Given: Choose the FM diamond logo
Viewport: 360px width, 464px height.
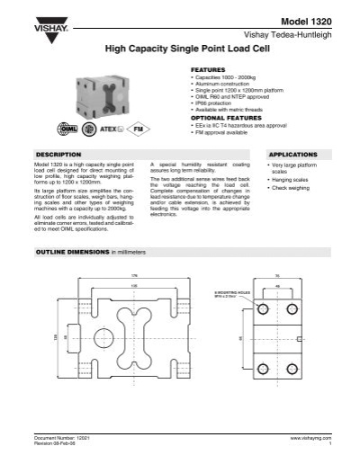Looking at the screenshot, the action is [137, 129].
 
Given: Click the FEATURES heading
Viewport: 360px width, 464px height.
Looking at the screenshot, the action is [207, 68].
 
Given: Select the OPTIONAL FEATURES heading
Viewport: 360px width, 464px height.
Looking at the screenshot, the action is [219, 118].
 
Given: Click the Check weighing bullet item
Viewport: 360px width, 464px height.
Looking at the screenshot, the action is [290, 187].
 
